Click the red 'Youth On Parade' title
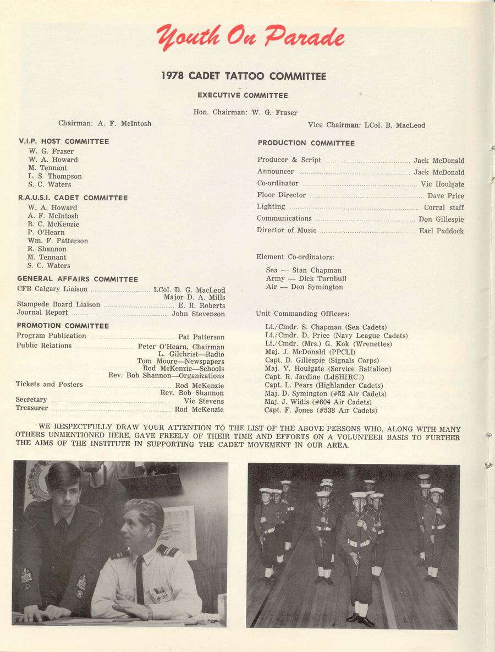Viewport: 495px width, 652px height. [250, 38]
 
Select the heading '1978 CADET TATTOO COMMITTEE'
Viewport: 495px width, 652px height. [243, 76]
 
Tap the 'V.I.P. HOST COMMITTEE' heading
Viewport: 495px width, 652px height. [63, 141]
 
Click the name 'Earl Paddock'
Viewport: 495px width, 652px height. [441, 231]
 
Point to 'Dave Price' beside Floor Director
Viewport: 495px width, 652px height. [446, 196]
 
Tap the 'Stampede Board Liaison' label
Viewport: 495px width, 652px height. [58, 304]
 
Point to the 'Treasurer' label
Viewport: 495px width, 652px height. [32, 409]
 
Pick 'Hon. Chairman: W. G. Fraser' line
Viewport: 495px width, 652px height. [245, 112]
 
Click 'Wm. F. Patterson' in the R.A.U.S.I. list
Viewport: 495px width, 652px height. [58, 240]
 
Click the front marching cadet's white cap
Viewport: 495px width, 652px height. [358, 495]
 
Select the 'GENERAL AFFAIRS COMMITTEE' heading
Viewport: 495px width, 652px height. [78, 279]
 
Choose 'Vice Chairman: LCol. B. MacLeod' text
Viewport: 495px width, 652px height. [366, 125]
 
